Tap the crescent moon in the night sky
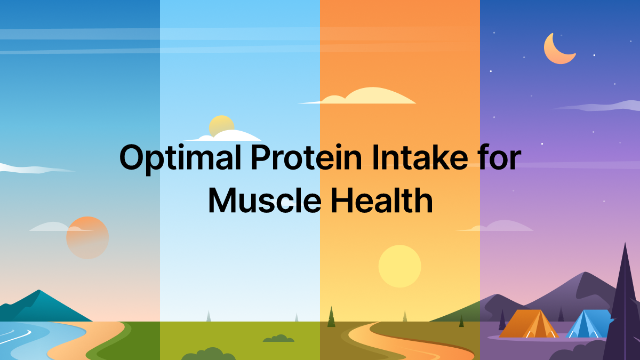(x=558, y=49)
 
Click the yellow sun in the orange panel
(x=399, y=266)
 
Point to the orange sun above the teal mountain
(x=87, y=238)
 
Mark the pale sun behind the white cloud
(x=221, y=126)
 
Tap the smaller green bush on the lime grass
(x=278, y=338)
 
